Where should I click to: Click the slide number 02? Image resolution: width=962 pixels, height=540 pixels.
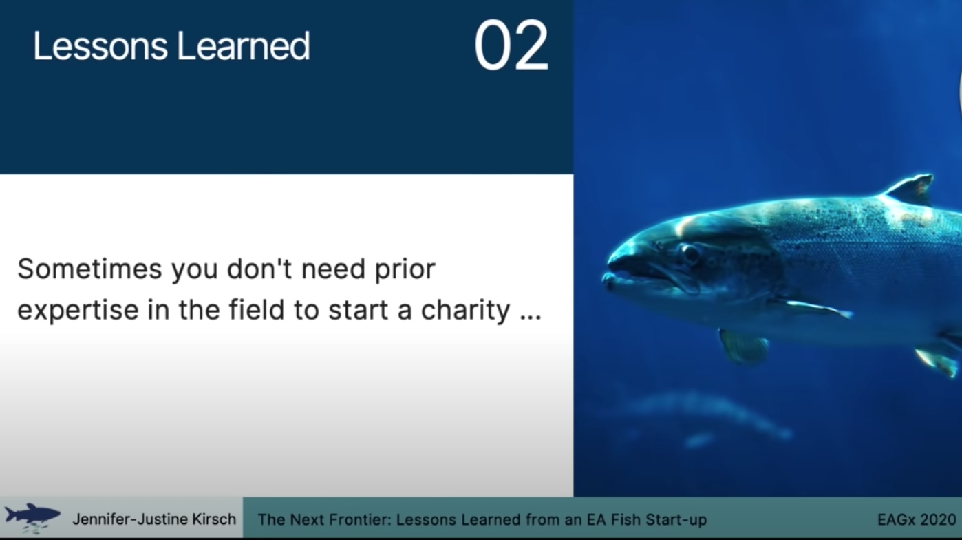point(511,45)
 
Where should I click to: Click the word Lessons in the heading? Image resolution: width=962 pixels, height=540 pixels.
point(100,46)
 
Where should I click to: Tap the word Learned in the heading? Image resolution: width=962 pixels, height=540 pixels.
point(243,45)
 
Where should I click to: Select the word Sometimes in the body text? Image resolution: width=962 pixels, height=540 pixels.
point(89,269)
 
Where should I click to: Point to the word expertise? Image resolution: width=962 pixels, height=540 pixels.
point(78,311)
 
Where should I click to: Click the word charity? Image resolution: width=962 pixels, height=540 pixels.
point(465,311)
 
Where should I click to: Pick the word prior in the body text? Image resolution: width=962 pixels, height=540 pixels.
point(405,270)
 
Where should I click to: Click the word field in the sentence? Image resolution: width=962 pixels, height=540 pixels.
point(257,309)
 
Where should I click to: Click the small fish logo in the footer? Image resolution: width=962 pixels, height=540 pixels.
point(32,518)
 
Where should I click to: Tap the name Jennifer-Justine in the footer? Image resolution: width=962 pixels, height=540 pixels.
point(130,519)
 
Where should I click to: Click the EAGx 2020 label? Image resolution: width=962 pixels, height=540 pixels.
point(917,519)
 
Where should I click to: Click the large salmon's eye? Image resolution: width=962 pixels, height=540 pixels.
point(690,253)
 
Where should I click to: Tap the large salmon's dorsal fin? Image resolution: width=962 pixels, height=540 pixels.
point(908,189)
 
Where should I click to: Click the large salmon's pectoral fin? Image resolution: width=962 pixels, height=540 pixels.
point(814,308)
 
